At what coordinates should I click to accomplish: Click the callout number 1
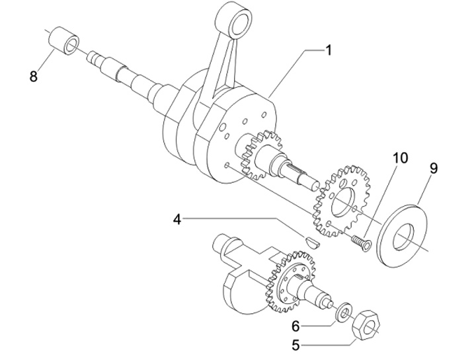(328, 50)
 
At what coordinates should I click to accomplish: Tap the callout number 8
(34, 76)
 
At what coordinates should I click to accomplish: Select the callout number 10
(401, 158)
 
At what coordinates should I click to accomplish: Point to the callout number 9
(434, 168)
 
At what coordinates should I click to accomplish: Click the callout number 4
(177, 219)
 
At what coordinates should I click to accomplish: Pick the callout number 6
(296, 326)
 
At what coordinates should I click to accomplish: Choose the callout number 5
(296, 345)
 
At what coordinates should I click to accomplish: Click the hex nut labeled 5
(366, 326)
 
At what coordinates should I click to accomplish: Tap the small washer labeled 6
(343, 312)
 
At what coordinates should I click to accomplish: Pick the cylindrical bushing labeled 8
(64, 41)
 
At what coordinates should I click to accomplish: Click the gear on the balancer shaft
(290, 281)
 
